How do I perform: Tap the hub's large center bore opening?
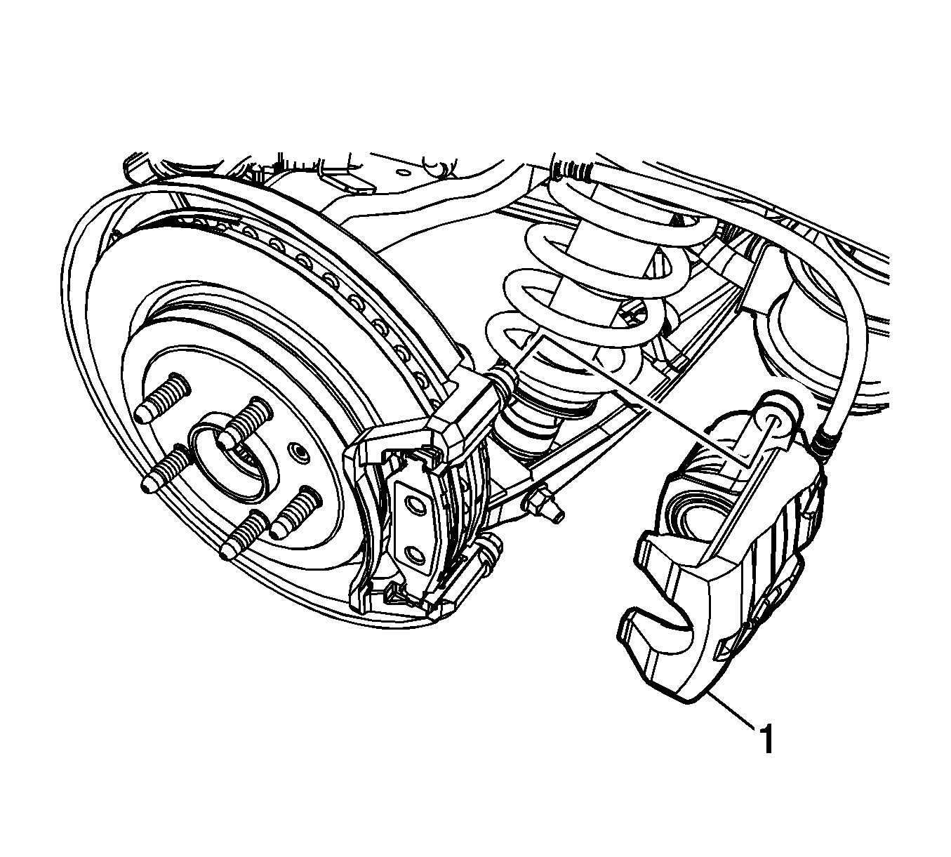pyautogui.click(x=230, y=456)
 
